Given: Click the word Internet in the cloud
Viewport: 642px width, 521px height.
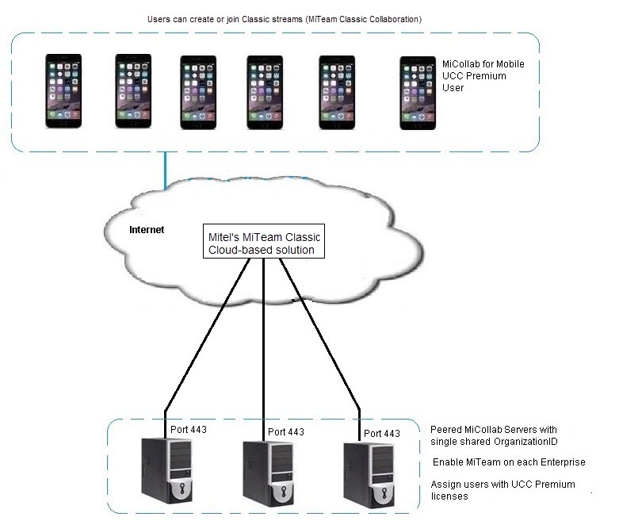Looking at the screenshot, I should [x=147, y=230].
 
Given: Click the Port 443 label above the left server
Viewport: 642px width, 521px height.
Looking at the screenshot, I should [x=189, y=430].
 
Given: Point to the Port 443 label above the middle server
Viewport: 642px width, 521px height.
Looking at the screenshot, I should [x=286, y=432].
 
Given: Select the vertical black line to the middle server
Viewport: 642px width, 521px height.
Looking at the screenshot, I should [x=263, y=341].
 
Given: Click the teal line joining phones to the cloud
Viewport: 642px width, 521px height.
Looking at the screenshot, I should [x=166, y=170].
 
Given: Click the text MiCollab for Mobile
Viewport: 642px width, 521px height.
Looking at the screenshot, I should [x=483, y=64].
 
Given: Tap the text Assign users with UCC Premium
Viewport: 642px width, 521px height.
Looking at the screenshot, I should [x=503, y=484].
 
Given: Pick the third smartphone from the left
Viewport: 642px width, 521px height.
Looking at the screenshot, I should [x=197, y=91].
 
